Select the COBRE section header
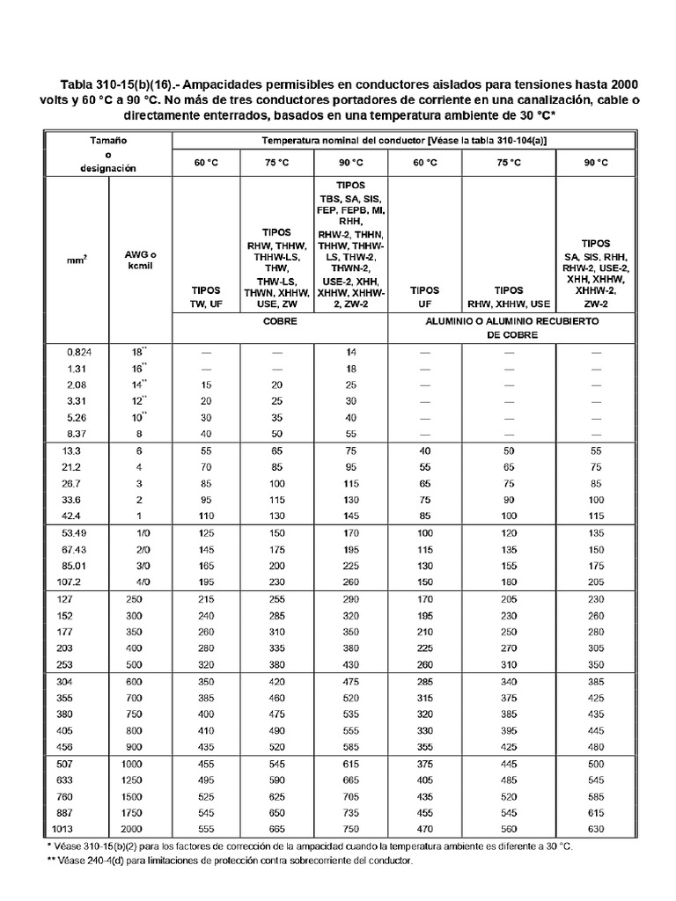click(279, 322)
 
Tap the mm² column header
click(76, 260)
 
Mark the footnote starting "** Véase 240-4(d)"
click(230, 861)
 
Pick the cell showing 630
click(597, 830)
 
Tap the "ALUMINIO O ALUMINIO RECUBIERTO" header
click(509, 322)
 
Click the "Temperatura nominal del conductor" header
click(404, 141)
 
